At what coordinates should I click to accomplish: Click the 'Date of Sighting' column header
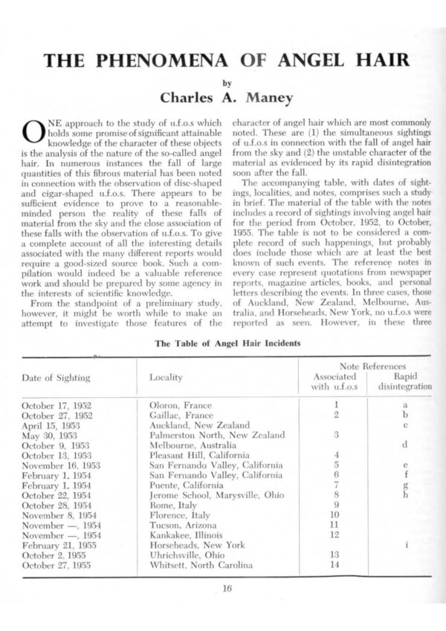pyautogui.click(x=56, y=377)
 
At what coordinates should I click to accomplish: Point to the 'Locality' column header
pyautogui.click(x=166, y=377)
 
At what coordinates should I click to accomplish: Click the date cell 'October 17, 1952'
pyautogui.click(x=58, y=405)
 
